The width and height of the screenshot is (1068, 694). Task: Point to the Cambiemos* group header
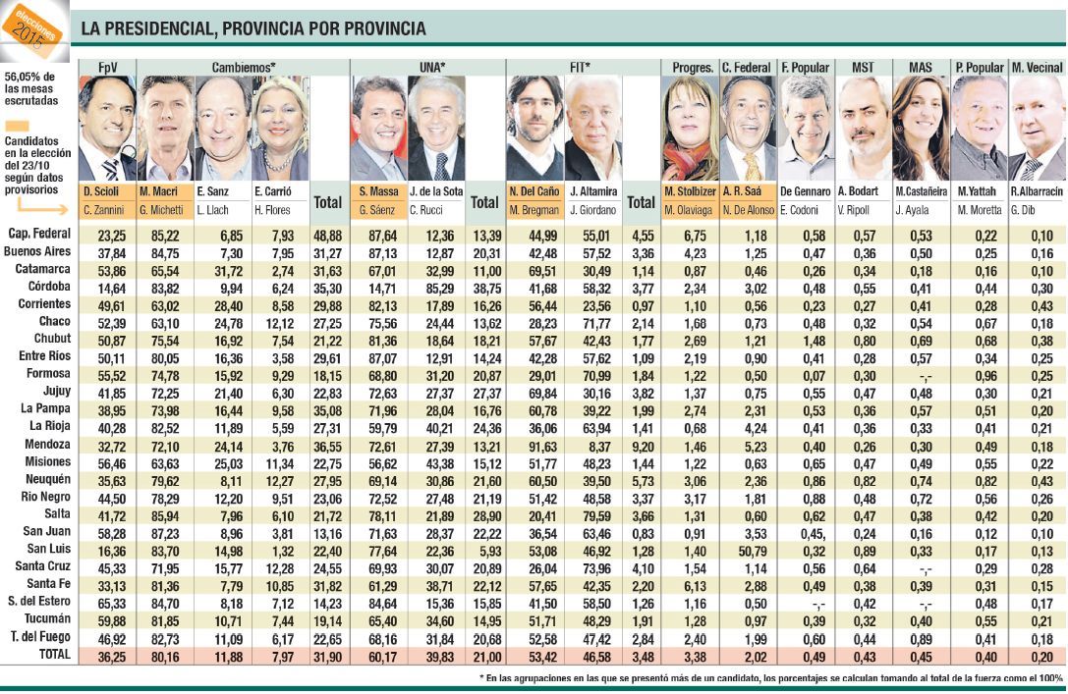point(244,67)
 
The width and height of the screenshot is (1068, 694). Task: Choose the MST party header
point(863,67)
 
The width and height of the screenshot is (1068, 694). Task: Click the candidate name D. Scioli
point(101,191)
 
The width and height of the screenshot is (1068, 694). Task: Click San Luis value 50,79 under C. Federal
point(748,547)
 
